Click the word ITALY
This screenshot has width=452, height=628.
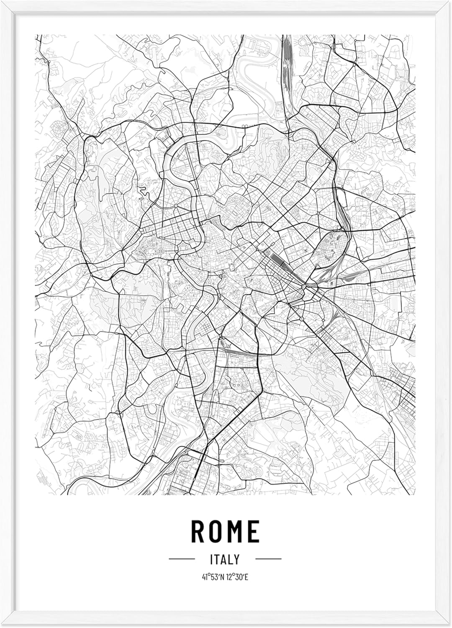click(x=226, y=559)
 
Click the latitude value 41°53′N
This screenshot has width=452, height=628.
click(x=212, y=578)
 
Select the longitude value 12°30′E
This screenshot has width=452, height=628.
click(x=237, y=578)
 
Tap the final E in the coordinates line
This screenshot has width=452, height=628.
click(x=247, y=578)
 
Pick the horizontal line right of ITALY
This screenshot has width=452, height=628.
click(x=268, y=559)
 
